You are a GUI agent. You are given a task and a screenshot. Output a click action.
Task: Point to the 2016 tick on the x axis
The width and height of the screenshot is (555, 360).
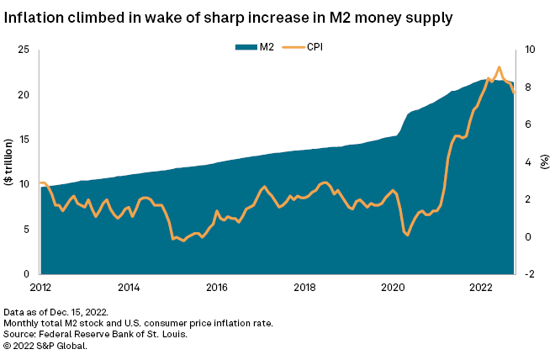click(x=217, y=287)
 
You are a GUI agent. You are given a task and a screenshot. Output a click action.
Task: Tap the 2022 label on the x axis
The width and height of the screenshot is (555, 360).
click(x=481, y=287)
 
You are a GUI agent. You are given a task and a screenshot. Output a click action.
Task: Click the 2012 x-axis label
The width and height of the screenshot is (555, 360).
click(x=40, y=287)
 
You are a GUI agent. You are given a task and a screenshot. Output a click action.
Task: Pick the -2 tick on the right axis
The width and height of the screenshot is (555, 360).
click(x=530, y=274)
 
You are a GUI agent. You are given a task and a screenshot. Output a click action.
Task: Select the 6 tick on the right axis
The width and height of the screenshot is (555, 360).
click(x=529, y=124)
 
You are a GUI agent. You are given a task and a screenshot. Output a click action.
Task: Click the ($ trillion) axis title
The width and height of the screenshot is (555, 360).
click(x=8, y=162)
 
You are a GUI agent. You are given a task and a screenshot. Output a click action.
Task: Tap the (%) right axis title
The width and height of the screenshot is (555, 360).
click(x=546, y=162)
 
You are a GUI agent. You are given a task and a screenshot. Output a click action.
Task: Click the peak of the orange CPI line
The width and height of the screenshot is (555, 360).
click(x=499, y=67)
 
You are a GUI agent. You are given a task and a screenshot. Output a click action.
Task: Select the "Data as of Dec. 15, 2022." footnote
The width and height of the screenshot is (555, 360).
click(x=55, y=312)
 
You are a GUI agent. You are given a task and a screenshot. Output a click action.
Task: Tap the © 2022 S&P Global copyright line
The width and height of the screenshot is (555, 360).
click(x=45, y=345)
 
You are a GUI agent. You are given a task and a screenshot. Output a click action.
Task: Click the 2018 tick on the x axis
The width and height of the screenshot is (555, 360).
click(x=305, y=287)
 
